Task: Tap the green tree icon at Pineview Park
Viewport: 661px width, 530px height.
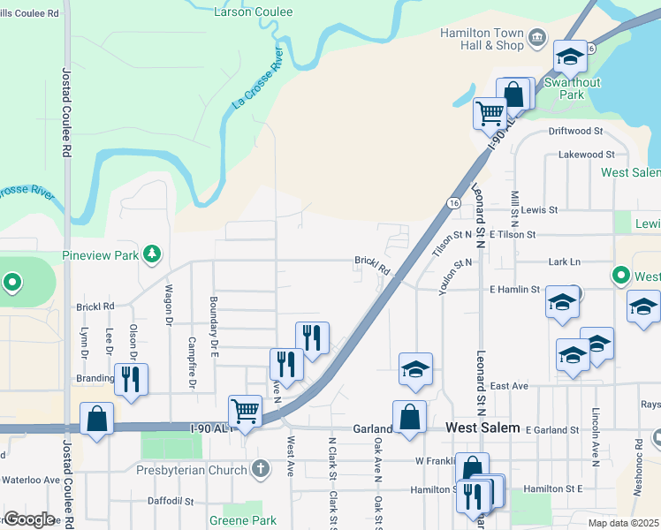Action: pos(153,254)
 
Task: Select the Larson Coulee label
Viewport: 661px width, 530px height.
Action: pos(254,11)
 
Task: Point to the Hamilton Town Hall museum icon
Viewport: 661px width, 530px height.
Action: pos(537,37)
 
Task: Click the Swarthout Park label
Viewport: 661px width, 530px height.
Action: pos(572,88)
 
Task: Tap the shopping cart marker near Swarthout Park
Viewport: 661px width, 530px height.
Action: pos(489,112)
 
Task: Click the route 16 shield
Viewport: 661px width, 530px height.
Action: pos(452,202)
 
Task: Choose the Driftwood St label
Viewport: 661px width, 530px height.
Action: pos(574,131)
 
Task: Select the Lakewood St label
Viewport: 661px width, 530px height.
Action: pos(574,155)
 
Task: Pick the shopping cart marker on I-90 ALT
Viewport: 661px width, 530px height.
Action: pos(245,410)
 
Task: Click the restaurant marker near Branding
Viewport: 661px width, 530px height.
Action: pos(131,379)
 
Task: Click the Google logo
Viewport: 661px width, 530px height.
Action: pos(29,519)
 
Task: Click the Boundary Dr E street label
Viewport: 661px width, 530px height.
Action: pos(213,325)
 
